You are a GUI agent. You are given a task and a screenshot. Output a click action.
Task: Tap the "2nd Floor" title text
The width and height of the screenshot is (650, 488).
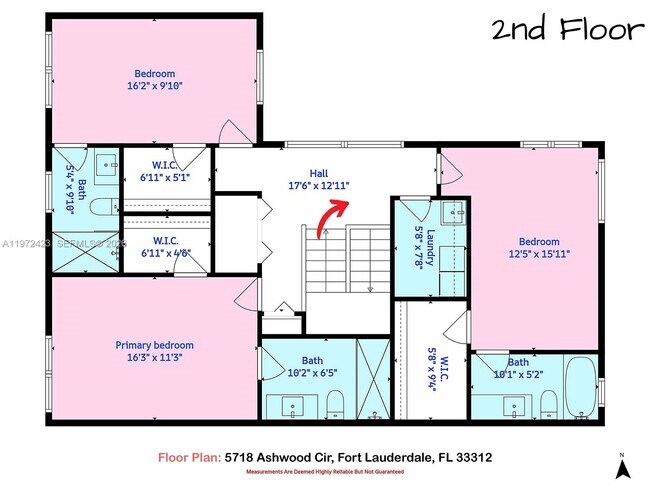coord(566,30)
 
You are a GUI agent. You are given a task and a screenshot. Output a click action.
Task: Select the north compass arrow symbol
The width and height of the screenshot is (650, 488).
coord(623,465)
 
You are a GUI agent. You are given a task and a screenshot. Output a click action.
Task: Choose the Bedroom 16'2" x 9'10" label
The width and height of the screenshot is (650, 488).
coord(155,80)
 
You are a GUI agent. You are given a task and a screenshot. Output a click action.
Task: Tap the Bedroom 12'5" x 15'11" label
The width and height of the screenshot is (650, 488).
coord(538,248)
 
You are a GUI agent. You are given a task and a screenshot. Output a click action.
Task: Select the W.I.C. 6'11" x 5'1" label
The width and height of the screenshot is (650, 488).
coord(166,171)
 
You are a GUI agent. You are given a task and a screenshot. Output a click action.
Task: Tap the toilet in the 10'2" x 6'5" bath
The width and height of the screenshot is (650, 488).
coord(335,405)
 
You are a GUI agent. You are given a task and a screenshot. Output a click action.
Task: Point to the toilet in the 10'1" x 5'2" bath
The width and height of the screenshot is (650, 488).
coord(547,405)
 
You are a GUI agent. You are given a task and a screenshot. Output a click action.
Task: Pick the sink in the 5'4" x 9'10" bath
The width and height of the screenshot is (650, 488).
coord(104,161)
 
